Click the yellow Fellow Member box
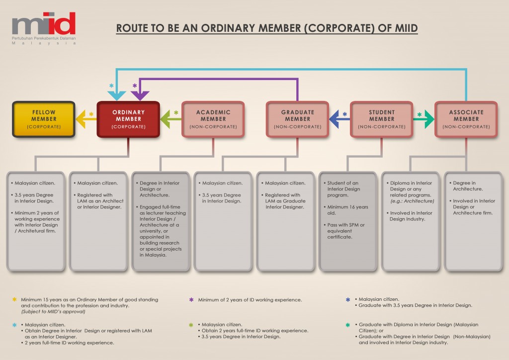(x=44, y=119)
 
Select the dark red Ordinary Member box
(x=128, y=119)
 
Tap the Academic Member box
(x=213, y=119)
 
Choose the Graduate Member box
(x=297, y=119)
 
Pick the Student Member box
(x=382, y=119)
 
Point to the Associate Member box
(x=466, y=119)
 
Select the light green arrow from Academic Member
(x=170, y=119)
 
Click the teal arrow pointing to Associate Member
(x=424, y=119)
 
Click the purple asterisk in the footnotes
(x=191, y=300)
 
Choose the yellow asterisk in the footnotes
(x=14, y=300)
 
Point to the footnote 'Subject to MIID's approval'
(x=53, y=312)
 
